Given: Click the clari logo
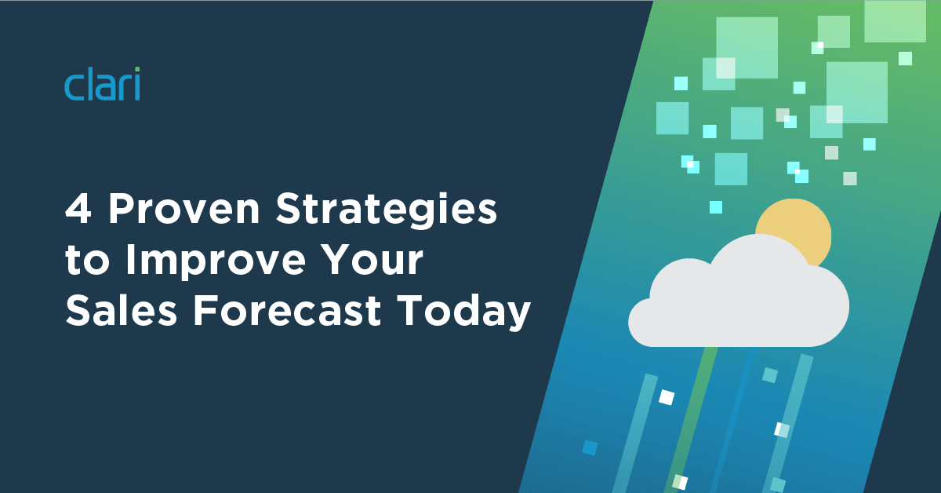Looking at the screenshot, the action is [x=102, y=84].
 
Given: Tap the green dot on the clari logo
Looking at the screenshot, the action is [x=137, y=69].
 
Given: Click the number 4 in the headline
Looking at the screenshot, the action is [x=78, y=209].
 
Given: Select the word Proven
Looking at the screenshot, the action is [x=184, y=209].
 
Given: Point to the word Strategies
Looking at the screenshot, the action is [x=387, y=212].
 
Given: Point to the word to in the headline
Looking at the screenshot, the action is [x=86, y=261].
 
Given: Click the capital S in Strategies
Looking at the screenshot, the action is [x=289, y=209].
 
